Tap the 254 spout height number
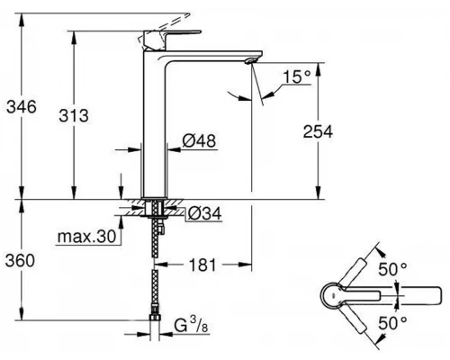click(x=317, y=131)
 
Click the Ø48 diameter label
click(x=195, y=140)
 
